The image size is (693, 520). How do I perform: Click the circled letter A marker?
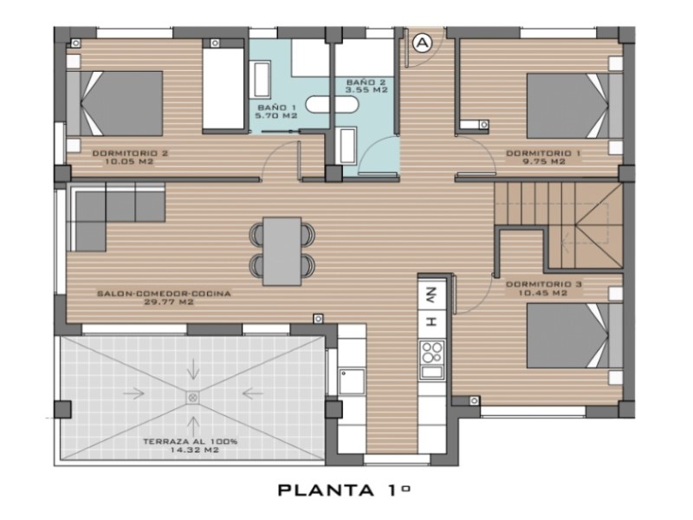[x=422, y=42]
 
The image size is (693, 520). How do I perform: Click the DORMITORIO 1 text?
[x=543, y=153]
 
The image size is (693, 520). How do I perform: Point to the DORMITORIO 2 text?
[x=130, y=153]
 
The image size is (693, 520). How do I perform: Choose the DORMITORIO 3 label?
[x=544, y=284]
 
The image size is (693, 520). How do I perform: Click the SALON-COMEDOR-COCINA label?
[x=164, y=294]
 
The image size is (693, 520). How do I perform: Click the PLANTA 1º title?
[x=344, y=490]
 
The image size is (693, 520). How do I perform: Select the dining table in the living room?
[x=282, y=250]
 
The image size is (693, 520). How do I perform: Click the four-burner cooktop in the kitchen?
[x=431, y=353]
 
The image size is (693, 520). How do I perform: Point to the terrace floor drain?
[x=192, y=398]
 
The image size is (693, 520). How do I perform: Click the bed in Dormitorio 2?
[x=114, y=103]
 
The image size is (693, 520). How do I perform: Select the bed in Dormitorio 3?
[x=574, y=335]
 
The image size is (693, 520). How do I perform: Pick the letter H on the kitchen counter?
[x=431, y=322]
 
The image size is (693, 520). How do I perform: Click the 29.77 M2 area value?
[x=169, y=302]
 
